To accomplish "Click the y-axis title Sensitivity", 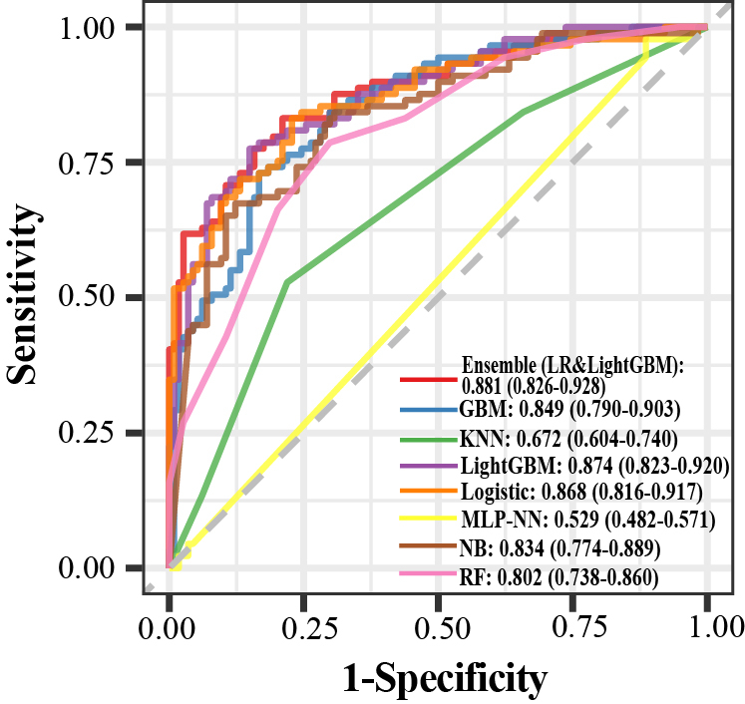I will point(28,296).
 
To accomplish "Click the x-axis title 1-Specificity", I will point(445,678).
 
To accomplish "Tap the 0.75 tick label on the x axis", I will point(572,628).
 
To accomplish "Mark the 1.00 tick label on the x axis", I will point(707,628).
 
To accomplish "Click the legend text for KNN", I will point(568,437).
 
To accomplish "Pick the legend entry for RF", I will point(559,575).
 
